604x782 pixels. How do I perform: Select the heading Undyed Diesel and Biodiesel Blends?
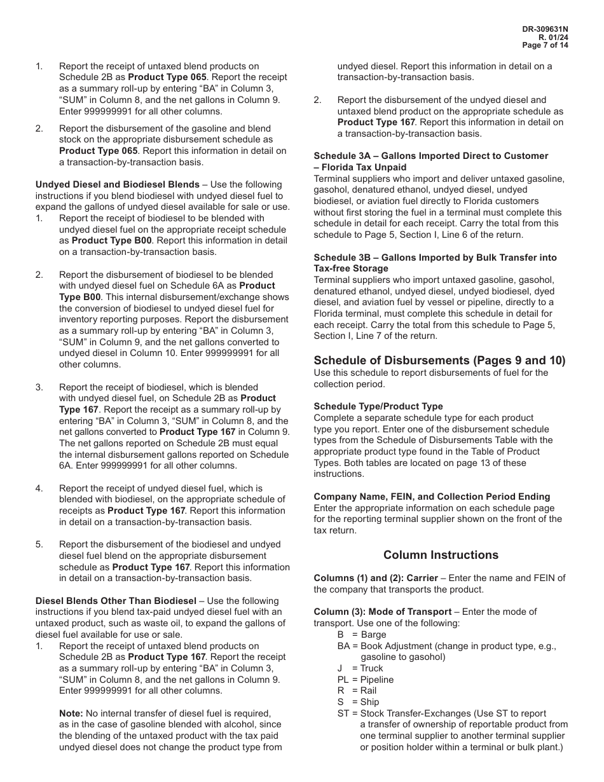(118, 184)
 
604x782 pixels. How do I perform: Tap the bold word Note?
(71, 713)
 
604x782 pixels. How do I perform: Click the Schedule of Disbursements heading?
(439, 360)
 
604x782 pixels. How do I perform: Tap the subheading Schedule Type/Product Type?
(378, 406)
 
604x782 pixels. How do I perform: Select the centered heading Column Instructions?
(441, 555)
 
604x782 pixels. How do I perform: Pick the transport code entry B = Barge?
(361, 635)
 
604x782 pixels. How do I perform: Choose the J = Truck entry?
(360, 668)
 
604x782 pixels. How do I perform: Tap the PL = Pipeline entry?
(365, 680)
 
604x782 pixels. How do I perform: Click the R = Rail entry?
(357, 690)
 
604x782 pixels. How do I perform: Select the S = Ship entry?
(358, 702)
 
